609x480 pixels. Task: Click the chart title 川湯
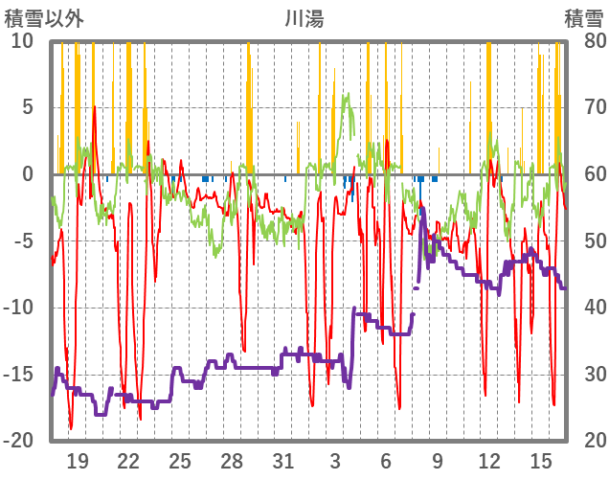point(304,18)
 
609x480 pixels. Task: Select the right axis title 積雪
point(582,18)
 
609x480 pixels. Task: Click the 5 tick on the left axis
point(28,107)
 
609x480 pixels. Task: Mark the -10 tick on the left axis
point(19,308)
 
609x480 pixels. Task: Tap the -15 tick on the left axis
point(19,374)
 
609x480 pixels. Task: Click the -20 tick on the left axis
point(19,441)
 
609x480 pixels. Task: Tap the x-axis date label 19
point(78,460)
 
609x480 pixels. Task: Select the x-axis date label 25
point(180,460)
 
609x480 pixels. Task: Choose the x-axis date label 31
point(282,460)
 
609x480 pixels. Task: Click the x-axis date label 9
point(437,460)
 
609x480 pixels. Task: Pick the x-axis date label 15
point(540,460)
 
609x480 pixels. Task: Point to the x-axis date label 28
point(232,460)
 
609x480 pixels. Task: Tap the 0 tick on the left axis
point(28,174)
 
